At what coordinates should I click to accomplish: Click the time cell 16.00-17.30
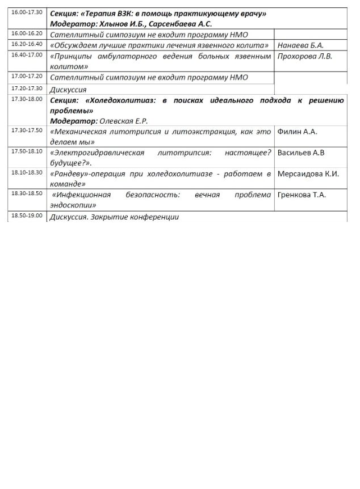coord(26,12)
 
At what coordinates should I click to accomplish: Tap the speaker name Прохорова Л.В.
coord(305,56)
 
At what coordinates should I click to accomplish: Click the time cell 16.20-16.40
coord(26,44)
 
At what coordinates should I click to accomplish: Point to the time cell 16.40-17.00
coord(26,54)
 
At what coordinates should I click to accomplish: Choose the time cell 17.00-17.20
coord(26,76)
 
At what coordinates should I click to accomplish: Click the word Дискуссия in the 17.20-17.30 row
coord(68,90)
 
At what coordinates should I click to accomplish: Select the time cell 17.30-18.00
coord(26,99)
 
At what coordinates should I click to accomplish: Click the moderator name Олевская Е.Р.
coord(123,121)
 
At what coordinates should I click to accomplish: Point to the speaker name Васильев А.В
coord(301,153)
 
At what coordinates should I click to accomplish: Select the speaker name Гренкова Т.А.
coord(302,195)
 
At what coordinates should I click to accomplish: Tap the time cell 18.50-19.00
coord(26,216)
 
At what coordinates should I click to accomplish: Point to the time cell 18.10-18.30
coord(26,172)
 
